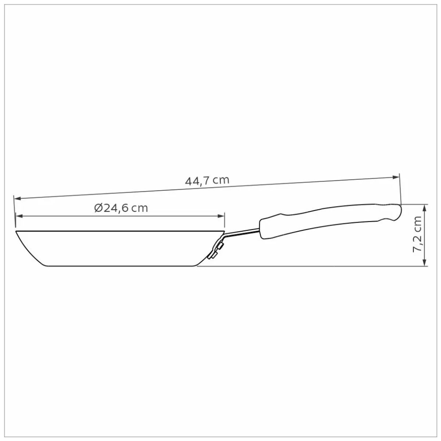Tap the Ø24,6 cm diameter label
pyautogui.click(x=121, y=208)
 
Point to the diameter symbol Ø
pyautogui.click(x=98, y=208)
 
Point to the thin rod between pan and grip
pyautogui.click(x=243, y=232)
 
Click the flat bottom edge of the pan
pyautogui.click(x=121, y=266)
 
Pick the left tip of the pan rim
pyautogui.click(x=16, y=232)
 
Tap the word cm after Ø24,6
pyautogui.click(x=140, y=208)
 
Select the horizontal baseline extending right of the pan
pyautogui.click(x=312, y=266)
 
